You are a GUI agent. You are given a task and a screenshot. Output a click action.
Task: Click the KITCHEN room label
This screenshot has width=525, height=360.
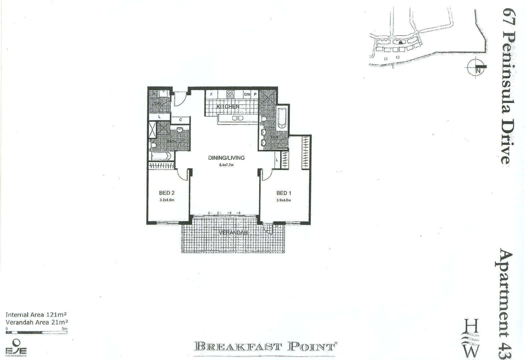[x=228, y=107]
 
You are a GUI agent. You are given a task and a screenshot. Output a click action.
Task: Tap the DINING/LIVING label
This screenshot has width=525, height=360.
[x=226, y=158]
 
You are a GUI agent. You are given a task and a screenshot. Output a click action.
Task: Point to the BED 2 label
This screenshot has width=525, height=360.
[x=167, y=193]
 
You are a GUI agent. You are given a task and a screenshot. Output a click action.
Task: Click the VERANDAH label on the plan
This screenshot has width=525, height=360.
[x=233, y=233]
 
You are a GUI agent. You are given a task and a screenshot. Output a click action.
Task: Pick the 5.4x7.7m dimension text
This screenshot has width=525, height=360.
[x=226, y=165]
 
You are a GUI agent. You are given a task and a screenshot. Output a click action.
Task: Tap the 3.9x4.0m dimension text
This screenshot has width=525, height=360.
[x=284, y=200]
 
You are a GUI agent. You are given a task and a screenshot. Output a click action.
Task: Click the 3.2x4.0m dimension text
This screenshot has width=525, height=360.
[x=167, y=200]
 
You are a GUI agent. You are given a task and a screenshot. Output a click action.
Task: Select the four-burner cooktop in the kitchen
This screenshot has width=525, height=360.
[x=230, y=94]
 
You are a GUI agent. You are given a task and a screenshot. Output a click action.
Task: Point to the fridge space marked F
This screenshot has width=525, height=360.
[x=211, y=95]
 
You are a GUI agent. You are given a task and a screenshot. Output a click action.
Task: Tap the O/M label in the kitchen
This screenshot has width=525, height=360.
[x=247, y=95]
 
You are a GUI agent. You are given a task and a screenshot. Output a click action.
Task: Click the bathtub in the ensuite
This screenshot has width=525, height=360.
[x=282, y=117]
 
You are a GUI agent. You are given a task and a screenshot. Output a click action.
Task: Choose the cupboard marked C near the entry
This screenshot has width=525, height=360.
[x=180, y=120]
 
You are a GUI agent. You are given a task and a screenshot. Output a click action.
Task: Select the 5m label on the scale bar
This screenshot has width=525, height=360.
[x=64, y=329]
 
